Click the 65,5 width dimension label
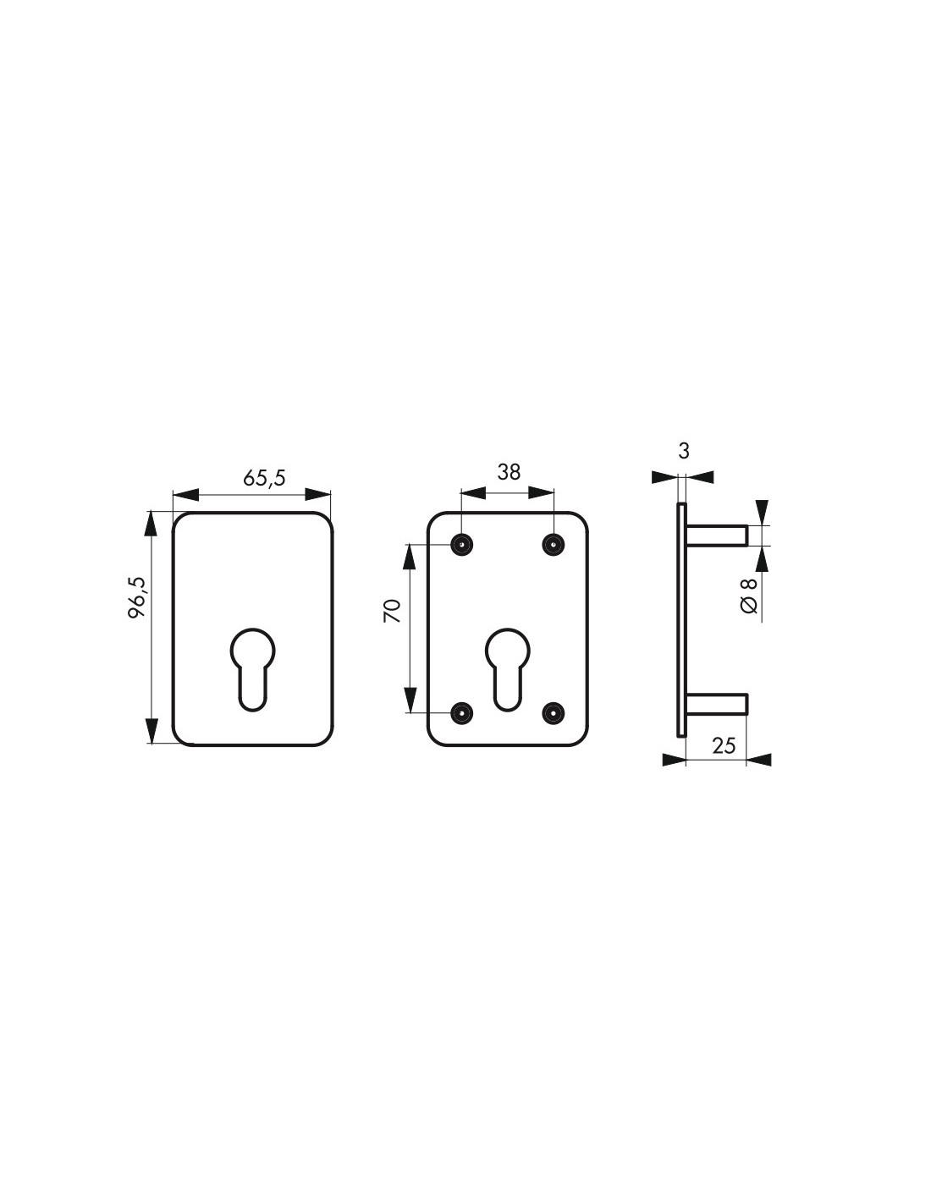[x=264, y=477]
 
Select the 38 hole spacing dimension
[x=508, y=471]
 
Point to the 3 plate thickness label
[x=684, y=451]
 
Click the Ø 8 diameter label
[x=748, y=596]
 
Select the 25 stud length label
[x=723, y=745]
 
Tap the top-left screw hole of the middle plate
[x=461, y=544]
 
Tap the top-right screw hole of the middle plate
[x=554, y=544]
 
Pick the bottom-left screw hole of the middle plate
[x=461, y=713]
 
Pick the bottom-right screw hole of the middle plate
[x=554, y=713]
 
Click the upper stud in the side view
[x=716, y=536]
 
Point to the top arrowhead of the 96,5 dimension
[x=151, y=523]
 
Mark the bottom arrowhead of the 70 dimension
[x=410, y=700]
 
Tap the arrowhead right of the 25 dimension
[x=759, y=760]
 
